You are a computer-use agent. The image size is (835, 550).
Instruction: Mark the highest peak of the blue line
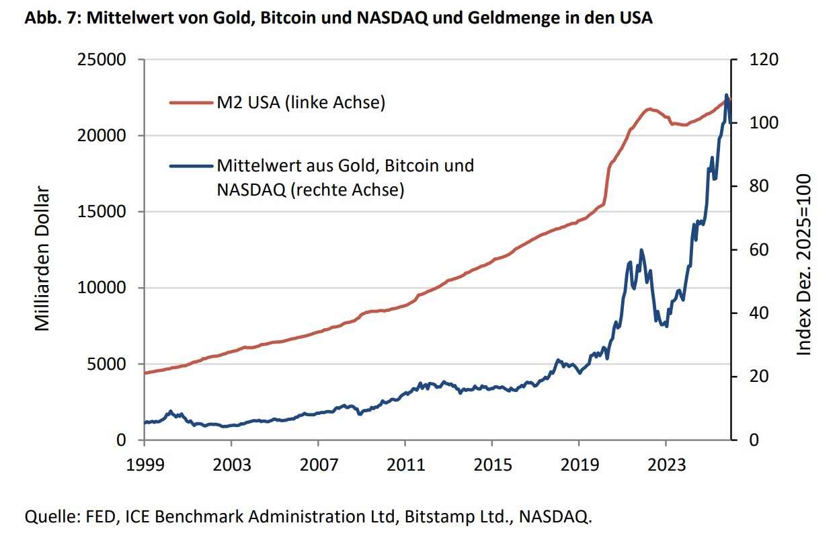click(726, 95)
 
